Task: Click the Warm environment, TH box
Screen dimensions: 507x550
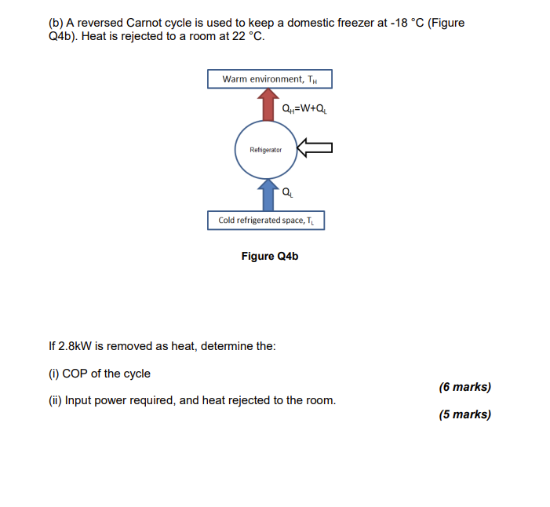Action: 270,79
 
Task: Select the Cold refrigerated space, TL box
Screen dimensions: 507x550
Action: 266,221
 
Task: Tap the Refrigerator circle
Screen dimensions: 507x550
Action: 266,149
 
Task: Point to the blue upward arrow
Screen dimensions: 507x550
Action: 268,195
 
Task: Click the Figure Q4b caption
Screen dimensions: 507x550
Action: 270,257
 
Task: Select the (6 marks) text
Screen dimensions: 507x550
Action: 465,387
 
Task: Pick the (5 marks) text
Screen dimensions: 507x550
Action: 465,414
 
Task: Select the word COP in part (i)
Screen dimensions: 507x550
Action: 75,373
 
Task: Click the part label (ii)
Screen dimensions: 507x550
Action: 55,400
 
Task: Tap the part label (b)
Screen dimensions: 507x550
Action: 56,23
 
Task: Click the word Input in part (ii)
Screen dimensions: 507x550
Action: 79,400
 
